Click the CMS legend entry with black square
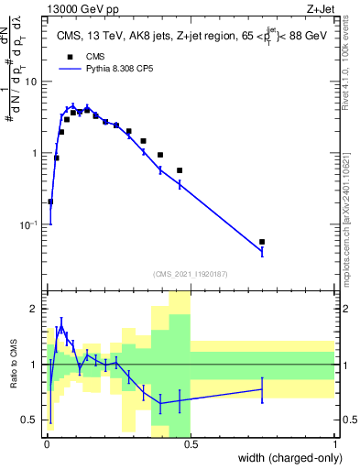pyautogui.click(x=94, y=56)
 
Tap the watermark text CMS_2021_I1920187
pyautogui.click(x=190, y=275)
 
